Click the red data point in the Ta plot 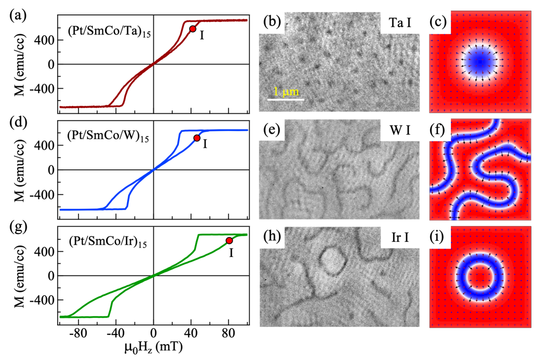coord(193,28)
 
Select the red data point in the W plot coord(197,138)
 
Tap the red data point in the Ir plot coord(229,241)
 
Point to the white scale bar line coord(286,99)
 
